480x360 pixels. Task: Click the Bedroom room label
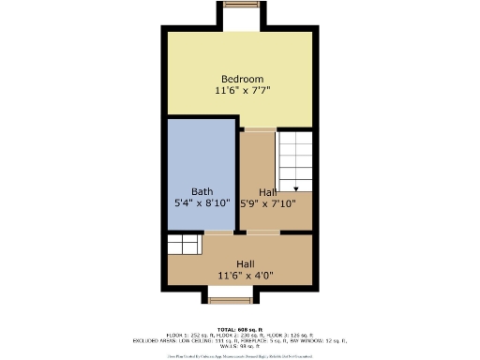(x=242, y=78)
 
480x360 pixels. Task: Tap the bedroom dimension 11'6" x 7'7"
(x=242, y=91)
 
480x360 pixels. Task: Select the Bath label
(x=202, y=190)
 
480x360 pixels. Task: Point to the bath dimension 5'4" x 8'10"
(x=202, y=202)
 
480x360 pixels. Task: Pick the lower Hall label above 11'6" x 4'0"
(x=246, y=263)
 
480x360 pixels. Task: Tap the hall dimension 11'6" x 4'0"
(x=246, y=276)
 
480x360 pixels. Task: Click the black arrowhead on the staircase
(x=295, y=188)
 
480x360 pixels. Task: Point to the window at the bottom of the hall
(x=230, y=300)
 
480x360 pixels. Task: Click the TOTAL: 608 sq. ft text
(x=240, y=330)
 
